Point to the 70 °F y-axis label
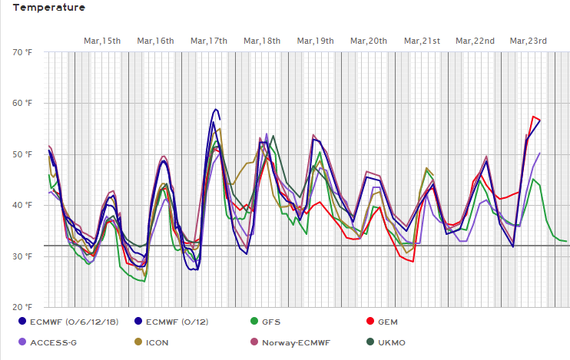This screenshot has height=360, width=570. [x=23, y=52]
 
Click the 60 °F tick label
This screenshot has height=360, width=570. [x=23, y=103]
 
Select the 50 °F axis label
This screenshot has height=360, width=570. [x=23, y=154]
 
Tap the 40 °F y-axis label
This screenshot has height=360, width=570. [x=23, y=205]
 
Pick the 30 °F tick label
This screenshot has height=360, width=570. [x=23, y=256]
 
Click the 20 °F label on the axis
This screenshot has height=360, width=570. [x=23, y=307]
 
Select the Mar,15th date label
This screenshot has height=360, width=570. [x=102, y=41]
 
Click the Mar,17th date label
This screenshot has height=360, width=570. [x=209, y=41]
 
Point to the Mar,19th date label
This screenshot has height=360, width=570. [x=315, y=41]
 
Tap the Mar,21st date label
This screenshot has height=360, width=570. [x=422, y=41]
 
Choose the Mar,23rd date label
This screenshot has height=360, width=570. [x=529, y=41]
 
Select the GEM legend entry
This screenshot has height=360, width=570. [x=389, y=322]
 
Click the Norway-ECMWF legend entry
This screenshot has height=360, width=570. [x=292, y=342]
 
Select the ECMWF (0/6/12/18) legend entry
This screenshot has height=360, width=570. [x=74, y=322]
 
